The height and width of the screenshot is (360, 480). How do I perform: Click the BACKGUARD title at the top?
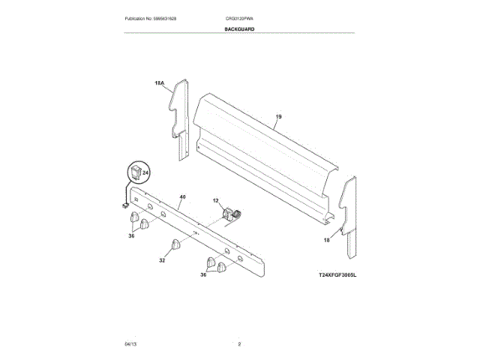coord(239,29)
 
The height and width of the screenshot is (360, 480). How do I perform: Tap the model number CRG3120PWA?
coord(240,18)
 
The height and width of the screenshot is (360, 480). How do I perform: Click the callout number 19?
coord(278,116)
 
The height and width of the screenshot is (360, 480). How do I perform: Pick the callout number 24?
coord(146,173)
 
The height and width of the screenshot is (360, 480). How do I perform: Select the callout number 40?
coord(181,197)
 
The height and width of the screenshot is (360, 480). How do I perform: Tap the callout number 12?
coord(215,201)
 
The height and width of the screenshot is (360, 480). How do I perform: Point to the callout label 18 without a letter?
coord(326,240)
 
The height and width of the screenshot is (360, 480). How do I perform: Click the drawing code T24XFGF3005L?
coord(337,276)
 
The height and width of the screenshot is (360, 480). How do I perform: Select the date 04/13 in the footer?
coord(130,343)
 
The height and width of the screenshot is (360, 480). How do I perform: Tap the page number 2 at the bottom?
coord(239,343)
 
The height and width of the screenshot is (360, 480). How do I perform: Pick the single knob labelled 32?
coord(177,245)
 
